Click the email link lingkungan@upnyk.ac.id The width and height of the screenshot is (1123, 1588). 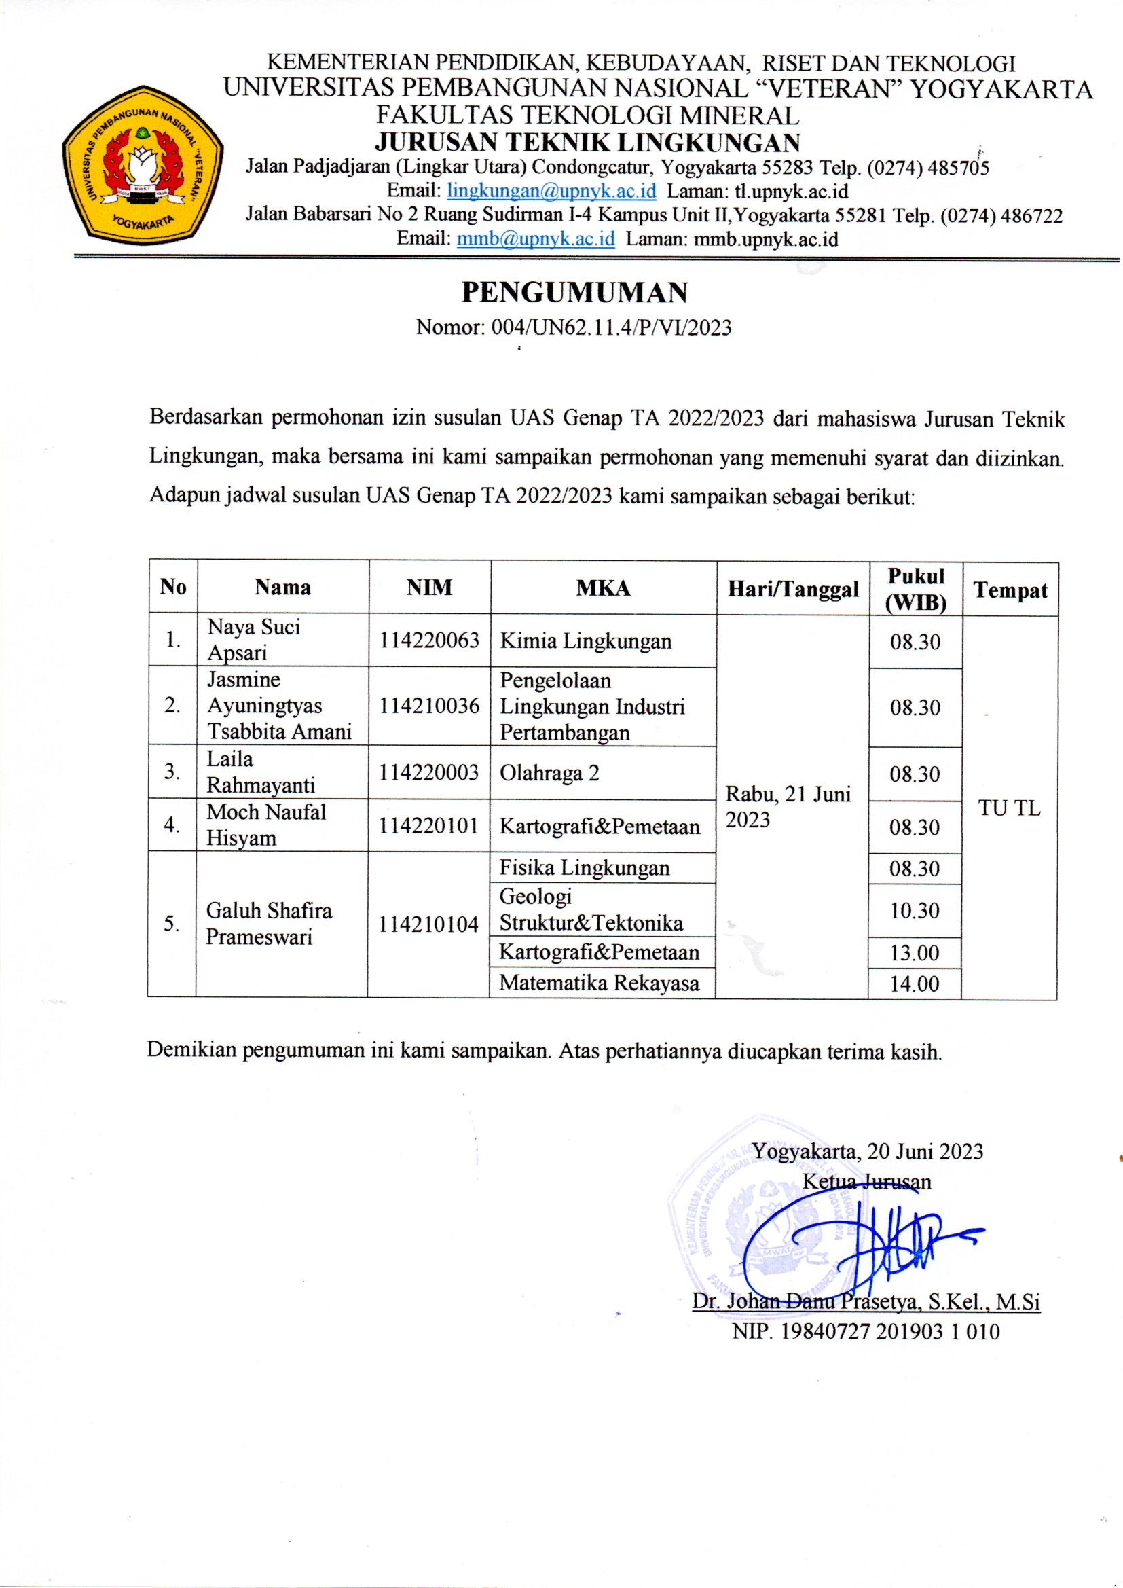(x=551, y=190)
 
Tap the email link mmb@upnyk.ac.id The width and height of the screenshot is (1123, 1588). (x=535, y=238)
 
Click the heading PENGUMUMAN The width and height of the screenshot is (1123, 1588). (x=574, y=293)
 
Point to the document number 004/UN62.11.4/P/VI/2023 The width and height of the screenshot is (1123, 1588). (x=610, y=327)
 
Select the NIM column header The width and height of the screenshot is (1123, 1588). (x=429, y=588)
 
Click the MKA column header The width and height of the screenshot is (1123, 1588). (x=603, y=589)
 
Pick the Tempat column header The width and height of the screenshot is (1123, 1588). (x=1010, y=590)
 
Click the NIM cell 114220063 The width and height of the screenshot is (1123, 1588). (x=429, y=640)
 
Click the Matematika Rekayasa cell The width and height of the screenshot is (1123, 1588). (x=599, y=983)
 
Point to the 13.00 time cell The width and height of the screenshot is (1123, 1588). (x=914, y=953)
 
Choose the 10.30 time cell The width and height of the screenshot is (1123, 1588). (x=914, y=910)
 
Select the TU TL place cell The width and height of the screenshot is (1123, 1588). (x=1009, y=808)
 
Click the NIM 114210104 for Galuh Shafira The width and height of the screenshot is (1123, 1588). (x=428, y=924)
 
